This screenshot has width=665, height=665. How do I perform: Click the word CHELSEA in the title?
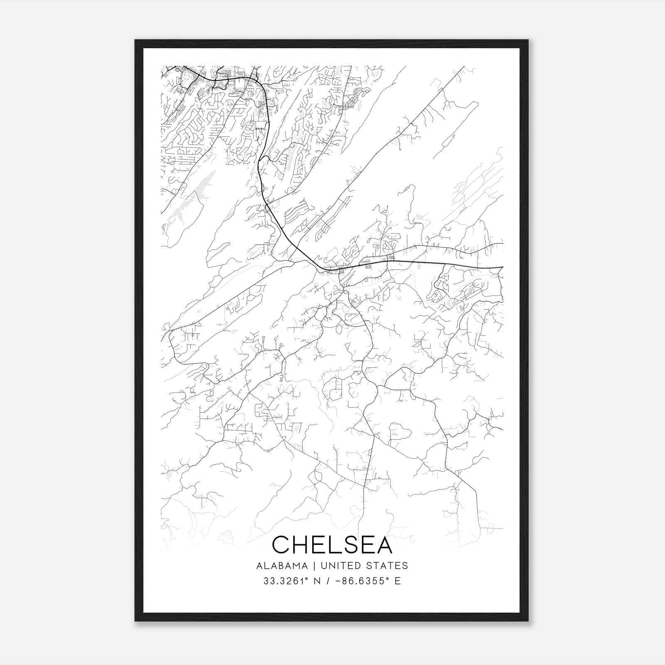[332, 544]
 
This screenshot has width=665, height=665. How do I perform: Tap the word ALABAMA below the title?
[282, 566]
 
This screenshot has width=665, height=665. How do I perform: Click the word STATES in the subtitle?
[388, 566]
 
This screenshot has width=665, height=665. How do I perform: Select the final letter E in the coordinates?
[398, 581]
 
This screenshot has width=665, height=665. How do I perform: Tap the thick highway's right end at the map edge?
[502, 267]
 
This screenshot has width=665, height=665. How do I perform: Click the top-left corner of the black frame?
[135, 40]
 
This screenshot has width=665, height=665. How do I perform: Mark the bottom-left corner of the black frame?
[135, 621]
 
